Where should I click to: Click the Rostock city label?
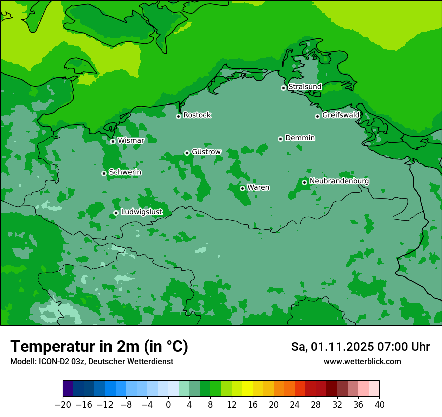click(x=197, y=115)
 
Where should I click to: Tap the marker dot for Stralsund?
click(x=283, y=88)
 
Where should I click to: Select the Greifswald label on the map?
click(x=341, y=115)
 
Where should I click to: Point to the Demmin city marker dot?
click(x=280, y=139)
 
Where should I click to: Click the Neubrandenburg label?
click(x=339, y=181)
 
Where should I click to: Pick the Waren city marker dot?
click(x=242, y=188)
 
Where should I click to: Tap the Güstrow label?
click(x=206, y=152)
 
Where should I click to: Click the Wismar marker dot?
click(x=113, y=141)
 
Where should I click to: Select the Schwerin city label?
click(x=125, y=172)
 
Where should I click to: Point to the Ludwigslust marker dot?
click(x=116, y=213)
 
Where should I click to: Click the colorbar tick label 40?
click(x=379, y=405)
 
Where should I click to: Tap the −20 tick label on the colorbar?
click(x=63, y=405)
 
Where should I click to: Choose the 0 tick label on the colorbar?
click(x=168, y=405)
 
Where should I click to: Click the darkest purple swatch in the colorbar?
click(x=68, y=389)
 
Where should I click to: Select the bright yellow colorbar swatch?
click(x=247, y=389)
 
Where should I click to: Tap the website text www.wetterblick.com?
click(x=362, y=361)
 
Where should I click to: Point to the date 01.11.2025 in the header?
click(x=342, y=347)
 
